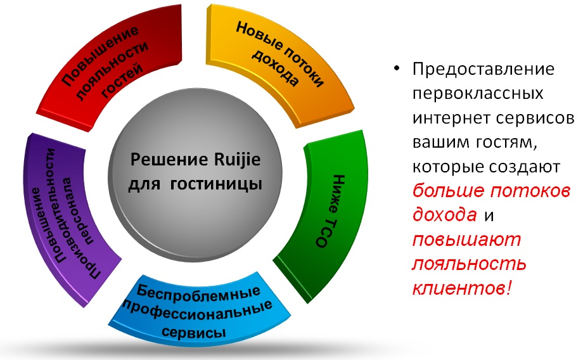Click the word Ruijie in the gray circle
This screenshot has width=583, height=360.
coord(237,160)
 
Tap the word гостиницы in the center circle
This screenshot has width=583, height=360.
coord(216,184)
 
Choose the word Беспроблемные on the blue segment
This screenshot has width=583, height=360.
coord(198,292)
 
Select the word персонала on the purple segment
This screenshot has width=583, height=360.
coord(79,210)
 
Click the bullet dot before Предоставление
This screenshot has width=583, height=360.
coord(397,68)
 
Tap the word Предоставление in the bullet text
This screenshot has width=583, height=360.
coord(484,69)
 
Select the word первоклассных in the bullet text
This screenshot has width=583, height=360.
coord(478,93)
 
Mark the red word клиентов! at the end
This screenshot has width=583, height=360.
coord(462,288)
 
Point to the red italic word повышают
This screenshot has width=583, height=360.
coord(467,240)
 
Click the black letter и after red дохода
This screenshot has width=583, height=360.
coord(489,215)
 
